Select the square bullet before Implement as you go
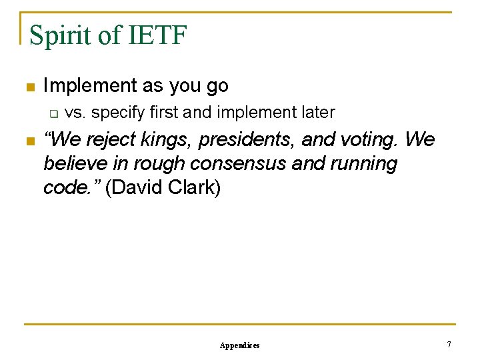(28, 87)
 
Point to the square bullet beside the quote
(28, 141)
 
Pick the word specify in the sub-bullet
(117, 113)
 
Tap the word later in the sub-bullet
(317, 112)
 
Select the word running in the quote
(364, 164)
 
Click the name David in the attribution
(135, 188)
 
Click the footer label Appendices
(239, 345)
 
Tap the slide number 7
(449, 345)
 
